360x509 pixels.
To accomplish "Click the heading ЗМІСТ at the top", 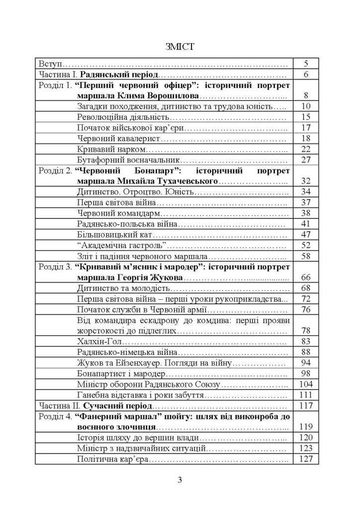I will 180,47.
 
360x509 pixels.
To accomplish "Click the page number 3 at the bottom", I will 180,479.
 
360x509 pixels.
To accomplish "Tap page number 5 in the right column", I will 306,65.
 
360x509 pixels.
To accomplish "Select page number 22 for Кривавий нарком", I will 306,149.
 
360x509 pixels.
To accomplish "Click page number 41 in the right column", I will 306,224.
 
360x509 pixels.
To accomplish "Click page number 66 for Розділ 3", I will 306,278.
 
